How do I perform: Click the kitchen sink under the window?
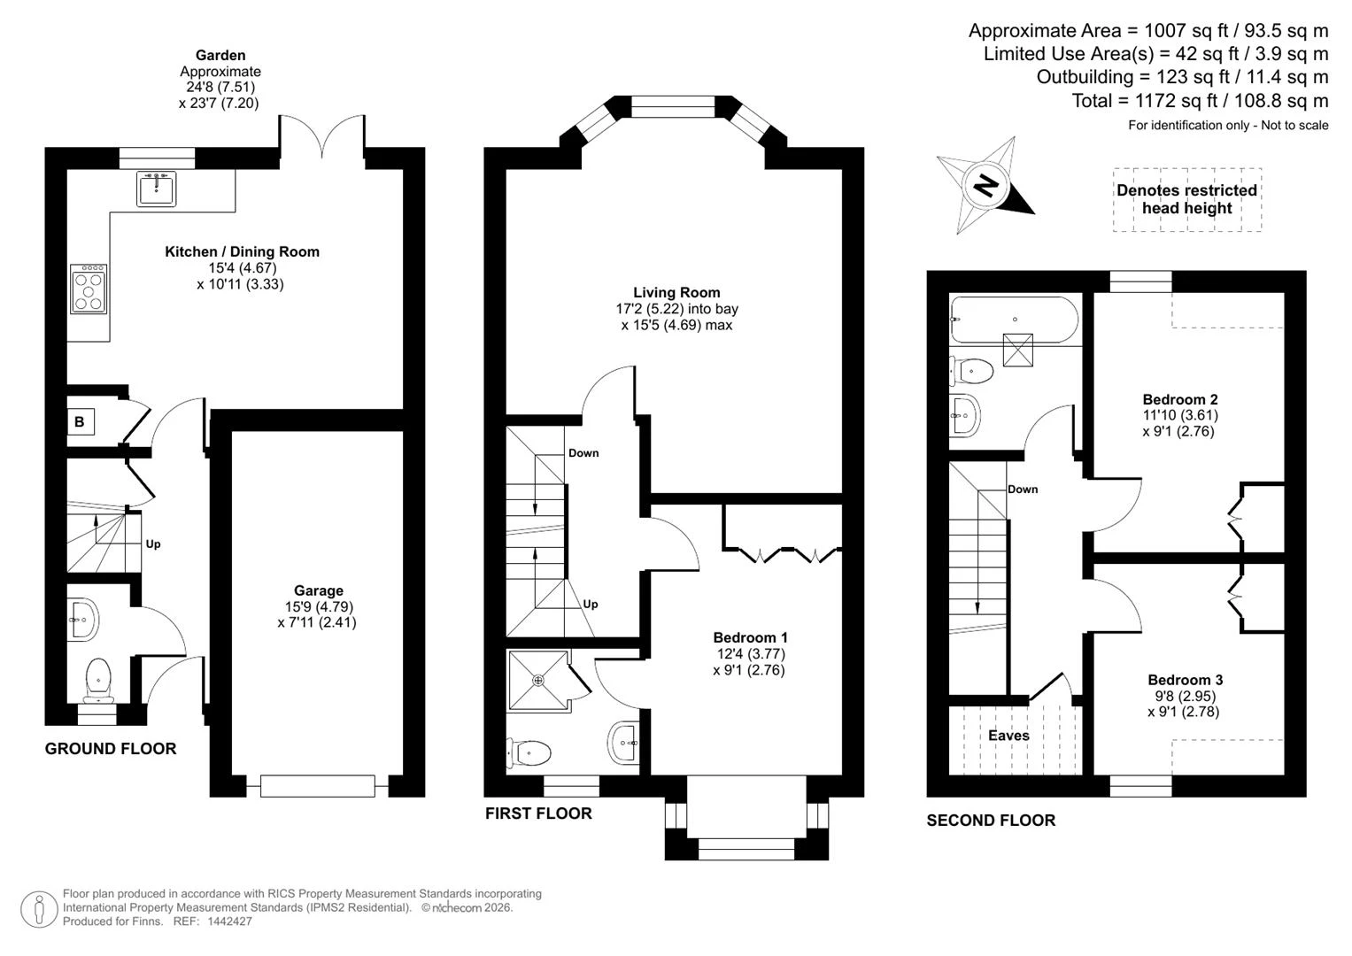click(157, 189)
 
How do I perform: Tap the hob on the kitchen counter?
click(89, 289)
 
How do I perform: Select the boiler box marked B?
click(80, 422)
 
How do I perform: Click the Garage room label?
click(319, 591)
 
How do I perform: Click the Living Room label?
click(676, 293)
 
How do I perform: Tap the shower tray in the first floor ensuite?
click(538, 680)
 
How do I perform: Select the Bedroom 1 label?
click(750, 638)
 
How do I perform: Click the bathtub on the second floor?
click(1014, 320)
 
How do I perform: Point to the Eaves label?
click(1008, 736)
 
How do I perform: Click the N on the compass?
click(985, 186)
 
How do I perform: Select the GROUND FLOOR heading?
click(111, 749)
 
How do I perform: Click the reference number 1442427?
click(229, 921)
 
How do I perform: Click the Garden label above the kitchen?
click(220, 56)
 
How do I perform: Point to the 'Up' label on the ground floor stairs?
click(153, 544)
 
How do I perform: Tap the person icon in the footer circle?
click(39, 910)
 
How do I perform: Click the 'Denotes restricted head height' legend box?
click(1187, 200)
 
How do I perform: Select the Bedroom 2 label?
click(1180, 399)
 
